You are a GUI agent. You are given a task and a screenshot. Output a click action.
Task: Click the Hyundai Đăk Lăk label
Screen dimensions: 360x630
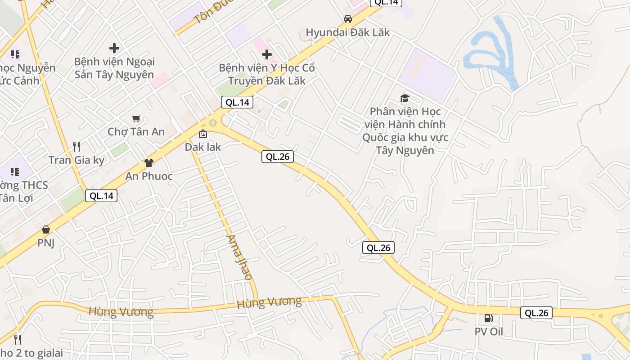click(347, 32)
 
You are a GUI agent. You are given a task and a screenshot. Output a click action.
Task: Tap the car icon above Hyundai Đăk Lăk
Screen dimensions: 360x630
click(347, 19)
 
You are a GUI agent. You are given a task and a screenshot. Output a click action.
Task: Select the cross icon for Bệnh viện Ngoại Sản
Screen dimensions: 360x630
click(114, 48)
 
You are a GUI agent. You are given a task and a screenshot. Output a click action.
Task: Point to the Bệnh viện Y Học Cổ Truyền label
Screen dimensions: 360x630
click(266, 74)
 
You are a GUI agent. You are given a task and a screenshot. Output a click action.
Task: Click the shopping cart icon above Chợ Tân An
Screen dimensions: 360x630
click(136, 119)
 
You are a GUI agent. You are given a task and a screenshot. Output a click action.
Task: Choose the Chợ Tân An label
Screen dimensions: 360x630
click(136, 132)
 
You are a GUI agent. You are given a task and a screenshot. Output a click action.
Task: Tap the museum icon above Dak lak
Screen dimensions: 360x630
click(203, 134)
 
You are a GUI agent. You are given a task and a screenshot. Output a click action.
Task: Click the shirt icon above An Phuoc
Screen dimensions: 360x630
click(148, 163)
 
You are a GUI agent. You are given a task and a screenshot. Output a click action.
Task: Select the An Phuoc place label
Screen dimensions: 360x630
click(148, 176)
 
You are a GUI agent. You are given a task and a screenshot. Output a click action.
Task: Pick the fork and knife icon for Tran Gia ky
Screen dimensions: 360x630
click(76, 147)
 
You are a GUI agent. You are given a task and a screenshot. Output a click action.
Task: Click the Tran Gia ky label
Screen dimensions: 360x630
click(76, 160)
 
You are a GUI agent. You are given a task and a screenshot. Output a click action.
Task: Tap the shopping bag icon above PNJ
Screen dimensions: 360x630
click(45, 230)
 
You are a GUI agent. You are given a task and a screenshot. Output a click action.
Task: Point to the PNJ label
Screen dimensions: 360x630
click(45, 243)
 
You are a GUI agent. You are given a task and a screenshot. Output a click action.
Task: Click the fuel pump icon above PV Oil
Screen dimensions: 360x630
click(488, 319)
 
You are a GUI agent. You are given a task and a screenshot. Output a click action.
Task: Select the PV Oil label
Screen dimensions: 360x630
click(488, 332)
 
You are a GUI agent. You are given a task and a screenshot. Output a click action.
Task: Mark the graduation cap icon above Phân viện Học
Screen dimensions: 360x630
click(405, 98)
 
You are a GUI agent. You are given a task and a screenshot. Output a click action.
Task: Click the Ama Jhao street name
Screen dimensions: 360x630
click(239, 257)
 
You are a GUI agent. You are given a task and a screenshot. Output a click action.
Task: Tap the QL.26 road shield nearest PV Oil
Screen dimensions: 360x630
click(536, 313)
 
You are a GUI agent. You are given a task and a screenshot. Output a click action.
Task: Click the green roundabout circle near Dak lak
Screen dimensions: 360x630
click(213, 122)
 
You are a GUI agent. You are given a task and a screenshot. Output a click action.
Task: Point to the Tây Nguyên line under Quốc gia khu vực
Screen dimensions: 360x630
click(405, 150)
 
